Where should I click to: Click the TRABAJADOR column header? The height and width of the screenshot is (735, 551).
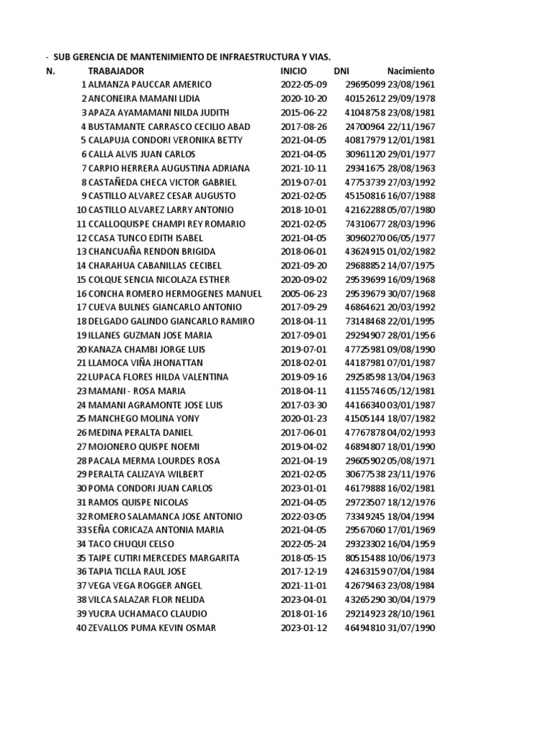pyautogui.click(x=116, y=71)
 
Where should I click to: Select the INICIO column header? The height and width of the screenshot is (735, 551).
pyautogui.click(x=293, y=71)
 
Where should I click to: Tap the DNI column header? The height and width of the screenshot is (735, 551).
pyautogui.click(x=342, y=71)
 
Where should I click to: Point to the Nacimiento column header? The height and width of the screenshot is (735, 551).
pyautogui.click(x=411, y=71)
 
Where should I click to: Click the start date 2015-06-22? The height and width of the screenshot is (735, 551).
pyautogui.click(x=303, y=113)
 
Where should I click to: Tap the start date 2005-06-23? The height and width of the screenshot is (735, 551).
pyautogui.click(x=303, y=294)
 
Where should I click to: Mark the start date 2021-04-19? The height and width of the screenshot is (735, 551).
pyautogui.click(x=303, y=461)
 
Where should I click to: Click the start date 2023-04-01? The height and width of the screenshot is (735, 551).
pyautogui.click(x=303, y=599)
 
